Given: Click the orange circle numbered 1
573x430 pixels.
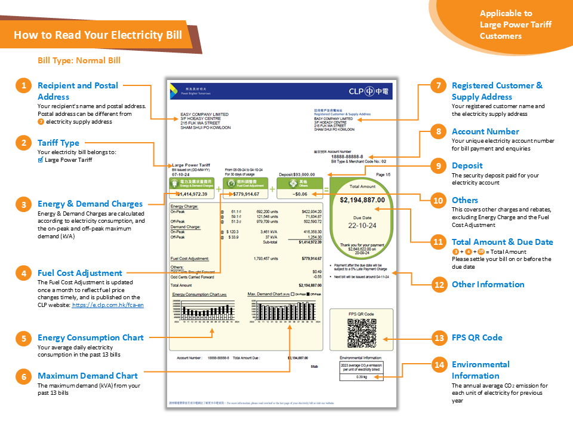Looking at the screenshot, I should click(x=23, y=86).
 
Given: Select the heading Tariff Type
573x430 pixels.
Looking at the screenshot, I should click(x=58, y=143).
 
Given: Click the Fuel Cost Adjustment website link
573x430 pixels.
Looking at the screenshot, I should click(x=107, y=305).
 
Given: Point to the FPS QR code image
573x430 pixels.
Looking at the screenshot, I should click(x=361, y=333).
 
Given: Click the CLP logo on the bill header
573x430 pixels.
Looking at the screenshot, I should click(x=369, y=91).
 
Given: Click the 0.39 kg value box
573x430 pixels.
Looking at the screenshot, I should click(x=361, y=377).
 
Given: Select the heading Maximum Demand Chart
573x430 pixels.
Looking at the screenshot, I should click(x=87, y=376).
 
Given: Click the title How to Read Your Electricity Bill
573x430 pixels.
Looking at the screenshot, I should click(x=98, y=35).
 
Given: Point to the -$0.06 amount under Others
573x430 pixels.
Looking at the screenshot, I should click(x=300, y=193).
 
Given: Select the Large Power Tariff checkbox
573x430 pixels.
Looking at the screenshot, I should click(x=40, y=159).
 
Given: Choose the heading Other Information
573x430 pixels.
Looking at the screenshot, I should click(x=488, y=284).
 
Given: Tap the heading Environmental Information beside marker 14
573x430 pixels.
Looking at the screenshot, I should click(x=480, y=370).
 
